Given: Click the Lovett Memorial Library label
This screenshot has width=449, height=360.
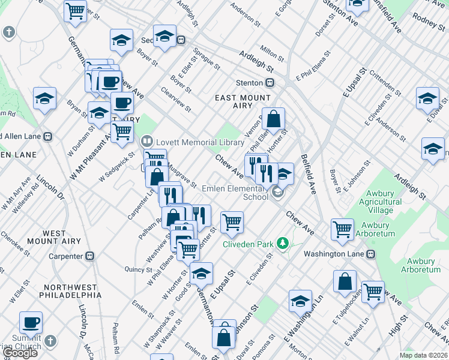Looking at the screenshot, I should (193, 142).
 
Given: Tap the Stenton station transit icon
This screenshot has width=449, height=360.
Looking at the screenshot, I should (271, 83).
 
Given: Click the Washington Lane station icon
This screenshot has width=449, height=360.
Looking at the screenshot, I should (370, 254).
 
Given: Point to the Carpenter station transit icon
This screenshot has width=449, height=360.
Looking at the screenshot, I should (89, 256).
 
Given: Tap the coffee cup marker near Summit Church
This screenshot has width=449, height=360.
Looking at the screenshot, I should (31, 322).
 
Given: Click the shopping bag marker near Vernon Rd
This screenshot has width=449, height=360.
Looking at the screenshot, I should (273, 119).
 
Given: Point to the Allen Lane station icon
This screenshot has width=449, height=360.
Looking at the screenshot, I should (47, 136).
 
